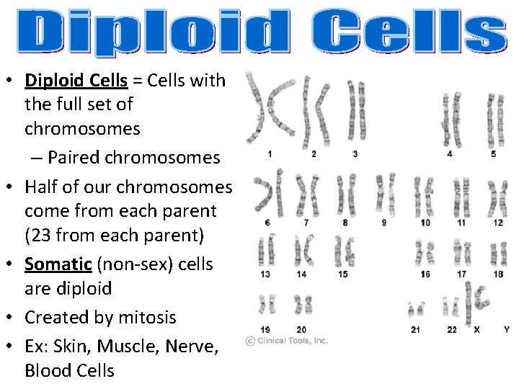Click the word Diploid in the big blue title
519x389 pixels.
click(151, 32)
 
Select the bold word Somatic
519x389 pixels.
click(57, 264)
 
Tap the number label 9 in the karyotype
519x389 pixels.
click(383, 223)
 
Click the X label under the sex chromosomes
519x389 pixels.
click(476, 329)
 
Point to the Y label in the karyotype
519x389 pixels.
click(506, 329)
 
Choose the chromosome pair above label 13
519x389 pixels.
click(267, 252)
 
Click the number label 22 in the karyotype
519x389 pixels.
click(452, 329)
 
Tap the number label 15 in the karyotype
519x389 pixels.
click(342, 274)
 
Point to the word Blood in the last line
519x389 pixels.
click(45, 371)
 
